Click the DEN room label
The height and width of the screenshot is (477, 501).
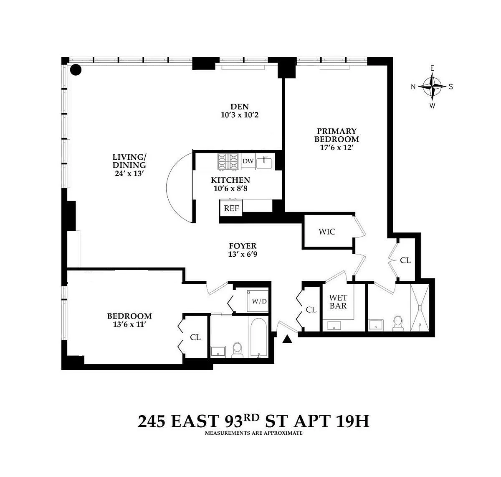(239, 107)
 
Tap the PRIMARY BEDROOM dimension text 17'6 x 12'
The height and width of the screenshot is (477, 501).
(337, 148)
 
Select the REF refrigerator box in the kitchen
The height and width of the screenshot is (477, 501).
(231, 208)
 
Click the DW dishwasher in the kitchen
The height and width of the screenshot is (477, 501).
(248, 161)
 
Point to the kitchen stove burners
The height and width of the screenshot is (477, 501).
(228, 161)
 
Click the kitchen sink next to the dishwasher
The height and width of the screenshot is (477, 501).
(264, 162)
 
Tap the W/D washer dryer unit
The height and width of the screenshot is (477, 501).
(258, 301)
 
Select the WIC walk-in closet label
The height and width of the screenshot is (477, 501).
(327, 232)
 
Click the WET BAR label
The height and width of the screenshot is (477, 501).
(338, 302)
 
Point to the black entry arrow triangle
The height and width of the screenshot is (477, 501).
(287, 339)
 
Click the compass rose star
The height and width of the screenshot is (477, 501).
(432, 87)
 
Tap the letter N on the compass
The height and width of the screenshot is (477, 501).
(413, 87)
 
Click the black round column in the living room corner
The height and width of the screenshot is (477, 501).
(76, 70)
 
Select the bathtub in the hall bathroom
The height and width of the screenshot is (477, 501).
(259, 337)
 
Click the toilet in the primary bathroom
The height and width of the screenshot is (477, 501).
(398, 324)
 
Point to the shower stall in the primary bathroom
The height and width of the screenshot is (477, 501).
(420, 308)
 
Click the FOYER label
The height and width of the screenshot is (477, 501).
(243, 246)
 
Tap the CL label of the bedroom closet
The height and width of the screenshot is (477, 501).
(195, 337)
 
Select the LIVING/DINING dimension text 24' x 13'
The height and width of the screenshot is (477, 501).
(129, 173)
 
